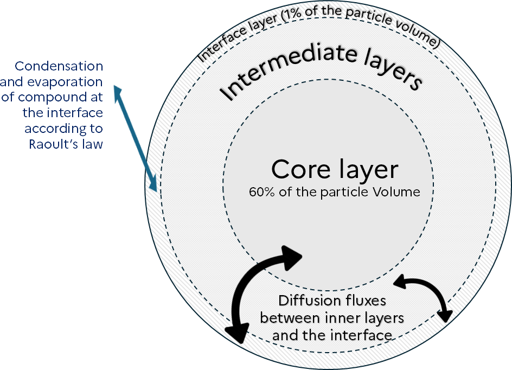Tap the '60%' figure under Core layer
click(x=260, y=192)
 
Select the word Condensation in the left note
click(x=59, y=66)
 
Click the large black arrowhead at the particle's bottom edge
click(x=237, y=332)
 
